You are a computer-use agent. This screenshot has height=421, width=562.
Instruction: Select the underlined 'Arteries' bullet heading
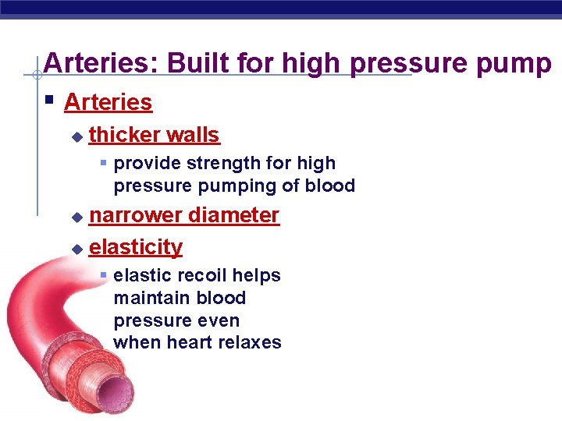click(x=108, y=102)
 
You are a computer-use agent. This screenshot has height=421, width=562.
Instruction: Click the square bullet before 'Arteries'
click(x=49, y=101)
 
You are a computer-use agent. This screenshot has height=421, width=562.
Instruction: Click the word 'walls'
click(x=193, y=135)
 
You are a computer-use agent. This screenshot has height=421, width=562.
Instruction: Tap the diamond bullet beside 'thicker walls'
click(x=76, y=136)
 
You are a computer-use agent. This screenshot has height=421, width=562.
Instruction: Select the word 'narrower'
click(x=137, y=215)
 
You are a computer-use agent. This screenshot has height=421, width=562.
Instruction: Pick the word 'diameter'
click(x=233, y=215)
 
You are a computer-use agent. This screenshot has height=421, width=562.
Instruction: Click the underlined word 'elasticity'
click(x=136, y=247)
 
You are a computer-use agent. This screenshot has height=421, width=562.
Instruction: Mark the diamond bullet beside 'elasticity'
click(x=76, y=249)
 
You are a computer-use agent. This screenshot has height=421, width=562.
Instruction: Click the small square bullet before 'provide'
click(x=103, y=164)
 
